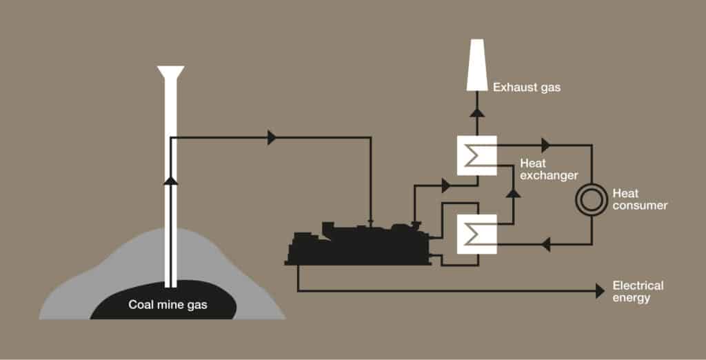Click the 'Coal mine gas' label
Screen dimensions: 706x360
click(168, 305)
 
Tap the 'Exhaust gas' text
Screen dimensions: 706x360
click(527, 87)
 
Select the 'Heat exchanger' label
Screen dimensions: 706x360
click(549, 169)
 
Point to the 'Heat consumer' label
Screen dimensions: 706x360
click(640, 199)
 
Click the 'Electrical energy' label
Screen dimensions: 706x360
click(638, 292)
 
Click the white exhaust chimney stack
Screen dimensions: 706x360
click(477, 65)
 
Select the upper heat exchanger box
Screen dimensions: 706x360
click(477, 155)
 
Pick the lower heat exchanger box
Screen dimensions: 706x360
click(477, 234)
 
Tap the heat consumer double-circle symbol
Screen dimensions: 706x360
click(591, 199)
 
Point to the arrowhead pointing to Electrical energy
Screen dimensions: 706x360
click(600, 291)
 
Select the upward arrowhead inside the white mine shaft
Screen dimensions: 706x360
click(170, 180)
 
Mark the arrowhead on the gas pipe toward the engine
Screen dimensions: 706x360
click(272, 137)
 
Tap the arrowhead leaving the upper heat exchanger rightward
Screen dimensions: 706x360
click(546, 145)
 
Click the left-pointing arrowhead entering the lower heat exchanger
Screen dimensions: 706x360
click(546, 245)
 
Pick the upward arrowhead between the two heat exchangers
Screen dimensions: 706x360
click(513, 193)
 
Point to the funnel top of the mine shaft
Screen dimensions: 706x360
click(171, 73)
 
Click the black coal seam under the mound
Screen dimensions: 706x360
click(163, 300)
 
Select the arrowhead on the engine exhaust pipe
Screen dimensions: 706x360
click(446, 186)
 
